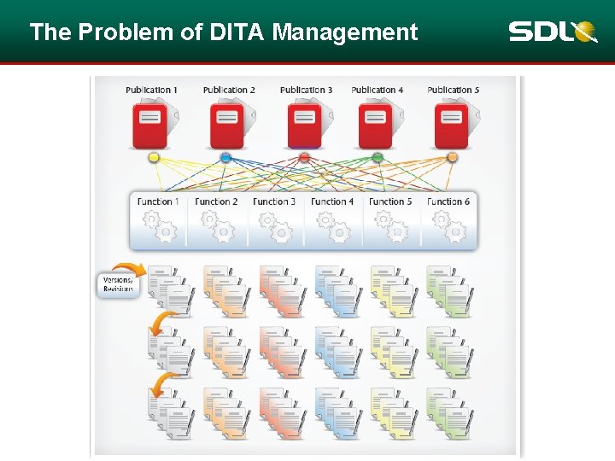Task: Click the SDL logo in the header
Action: (x=552, y=32)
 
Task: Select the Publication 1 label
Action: (x=152, y=90)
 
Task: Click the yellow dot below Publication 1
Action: (x=154, y=157)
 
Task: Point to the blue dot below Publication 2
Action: (x=225, y=157)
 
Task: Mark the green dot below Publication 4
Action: (x=378, y=157)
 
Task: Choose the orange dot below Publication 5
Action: (x=452, y=157)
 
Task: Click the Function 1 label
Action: (x=158, y=201)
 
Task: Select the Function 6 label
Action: (x=448, y=201)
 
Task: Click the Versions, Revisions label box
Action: (x=118, y=284)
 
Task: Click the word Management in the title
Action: (x=345, y=32)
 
